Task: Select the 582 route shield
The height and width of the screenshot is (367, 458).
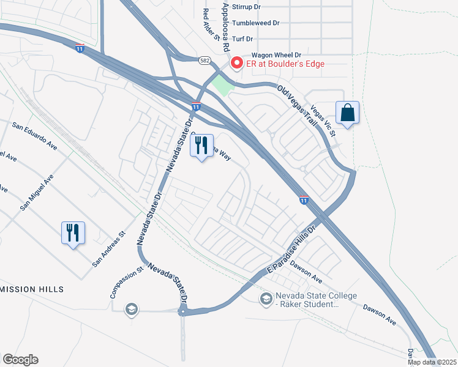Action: (205, 60)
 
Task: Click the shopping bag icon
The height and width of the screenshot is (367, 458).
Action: (347, 113)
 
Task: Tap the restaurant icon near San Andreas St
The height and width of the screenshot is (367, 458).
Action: (72, 232)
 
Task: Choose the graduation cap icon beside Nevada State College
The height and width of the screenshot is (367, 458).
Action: (266, 298)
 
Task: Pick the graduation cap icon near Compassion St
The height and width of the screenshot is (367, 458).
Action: (130, 310)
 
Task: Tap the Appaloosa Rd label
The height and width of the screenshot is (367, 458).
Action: (225, 26)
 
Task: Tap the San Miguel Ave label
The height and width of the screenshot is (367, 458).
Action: (36, 192)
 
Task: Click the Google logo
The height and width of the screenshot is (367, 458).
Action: (20, 360)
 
